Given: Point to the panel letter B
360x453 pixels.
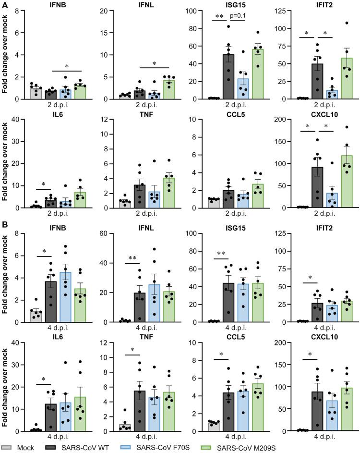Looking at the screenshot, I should coord(4,224).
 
